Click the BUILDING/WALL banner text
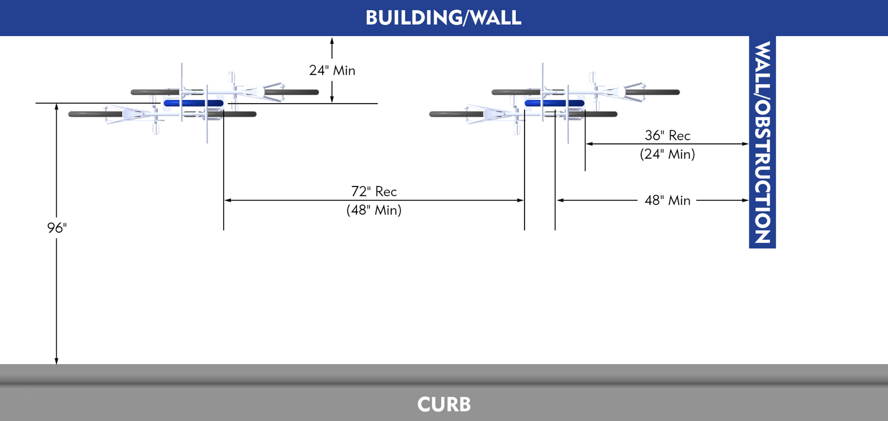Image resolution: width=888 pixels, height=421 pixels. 443,18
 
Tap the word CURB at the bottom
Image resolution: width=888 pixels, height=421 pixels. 444,404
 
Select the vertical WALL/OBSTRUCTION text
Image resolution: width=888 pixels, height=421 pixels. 762,142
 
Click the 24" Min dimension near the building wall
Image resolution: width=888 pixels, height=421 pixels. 332,70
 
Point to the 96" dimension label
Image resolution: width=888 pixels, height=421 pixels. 57,229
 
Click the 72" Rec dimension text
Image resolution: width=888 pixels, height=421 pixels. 374,191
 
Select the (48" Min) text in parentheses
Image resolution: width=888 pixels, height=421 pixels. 374,210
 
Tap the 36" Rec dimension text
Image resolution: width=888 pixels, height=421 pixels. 667,135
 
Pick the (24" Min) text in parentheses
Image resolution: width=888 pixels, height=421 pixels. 667,154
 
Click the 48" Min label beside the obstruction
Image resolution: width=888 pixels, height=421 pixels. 667,201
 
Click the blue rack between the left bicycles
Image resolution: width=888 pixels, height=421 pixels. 194,103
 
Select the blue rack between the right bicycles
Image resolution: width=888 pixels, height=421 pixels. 554,103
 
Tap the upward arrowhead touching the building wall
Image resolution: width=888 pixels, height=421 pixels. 332,40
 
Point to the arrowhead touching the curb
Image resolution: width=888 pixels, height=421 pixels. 57,361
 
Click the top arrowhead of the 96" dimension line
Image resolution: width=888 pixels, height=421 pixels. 57,107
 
